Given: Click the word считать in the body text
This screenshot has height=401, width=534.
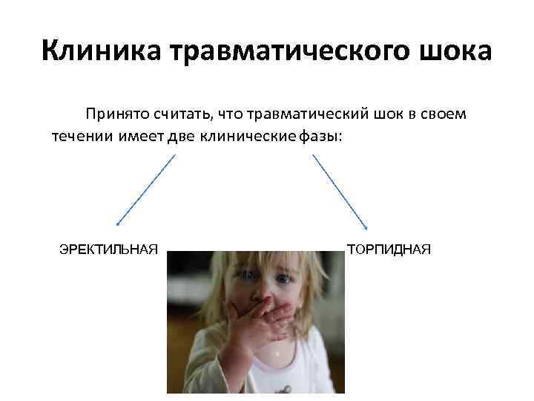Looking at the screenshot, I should coord(182,114).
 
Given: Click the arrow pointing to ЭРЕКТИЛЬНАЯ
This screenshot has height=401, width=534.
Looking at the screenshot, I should coord(146,189).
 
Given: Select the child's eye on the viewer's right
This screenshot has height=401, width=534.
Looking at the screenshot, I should coord(283,279).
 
